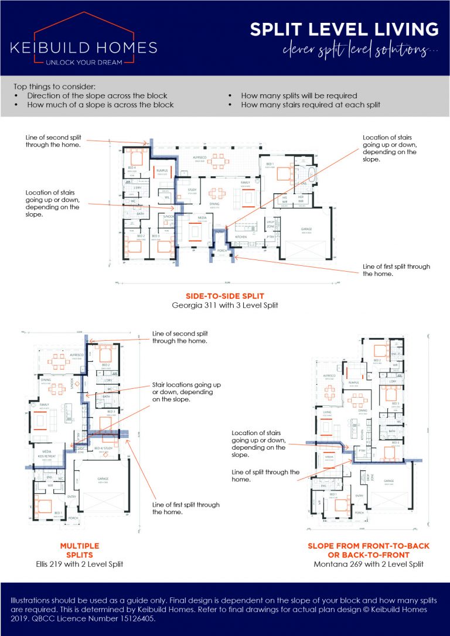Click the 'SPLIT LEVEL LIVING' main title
pos(344,29)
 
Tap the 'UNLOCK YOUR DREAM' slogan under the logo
pos(84,61)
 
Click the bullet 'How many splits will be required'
pos(299,95)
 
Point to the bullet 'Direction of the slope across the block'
pos(97,95)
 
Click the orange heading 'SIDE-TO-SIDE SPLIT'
pos(224,296)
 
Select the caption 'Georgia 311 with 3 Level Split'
pos(224,305)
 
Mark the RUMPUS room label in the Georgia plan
pos(162,170)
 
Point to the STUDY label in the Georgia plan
pos(191,190)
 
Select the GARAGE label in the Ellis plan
pos(103,478)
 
